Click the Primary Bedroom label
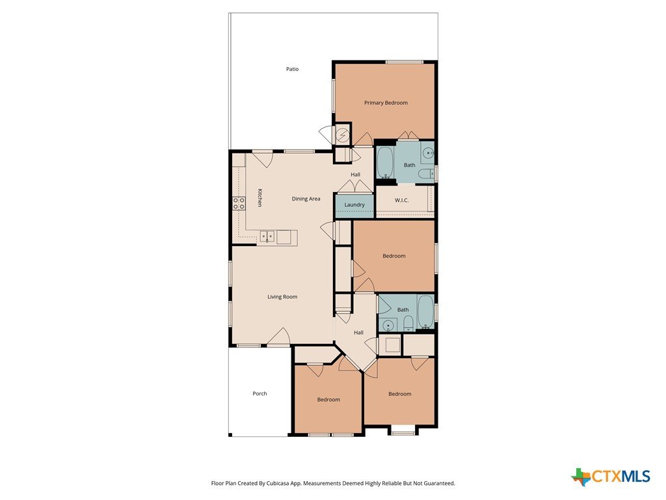point(386,103)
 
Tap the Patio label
point(292,69)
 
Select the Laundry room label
point(354,205)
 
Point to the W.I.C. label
point(401,201)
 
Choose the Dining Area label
point(306,199)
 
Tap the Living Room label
point(282,297)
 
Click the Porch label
point(260,394)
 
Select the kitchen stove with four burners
point(239,203)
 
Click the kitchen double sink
point(267,236)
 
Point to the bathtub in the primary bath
point(386,163)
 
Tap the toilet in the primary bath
point(425,173)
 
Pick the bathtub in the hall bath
point(425,312)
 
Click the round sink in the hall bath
point(388,326)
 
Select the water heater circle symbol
point(341,135)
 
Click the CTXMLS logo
point(611,476)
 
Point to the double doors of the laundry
point(355,186)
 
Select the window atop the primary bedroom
point(405,62)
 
